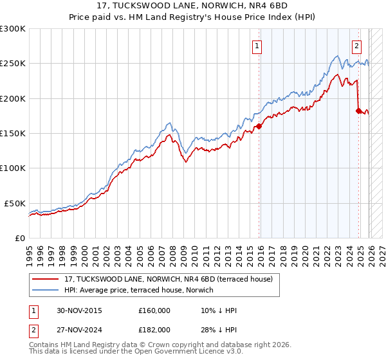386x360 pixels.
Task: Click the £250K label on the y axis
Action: (x=13, y=64)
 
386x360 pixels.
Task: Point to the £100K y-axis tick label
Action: (x=13, y=168)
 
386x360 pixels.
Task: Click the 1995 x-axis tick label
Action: (x=29, y=252)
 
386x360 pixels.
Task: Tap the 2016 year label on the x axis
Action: (x=261, y=252)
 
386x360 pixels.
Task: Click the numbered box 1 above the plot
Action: (x=257, y=46)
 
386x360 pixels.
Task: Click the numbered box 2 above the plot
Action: (x=356, y=46)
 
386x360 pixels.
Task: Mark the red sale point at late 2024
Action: (x=358, y=111)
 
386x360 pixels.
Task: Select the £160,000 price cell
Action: (x=154, y=310)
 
